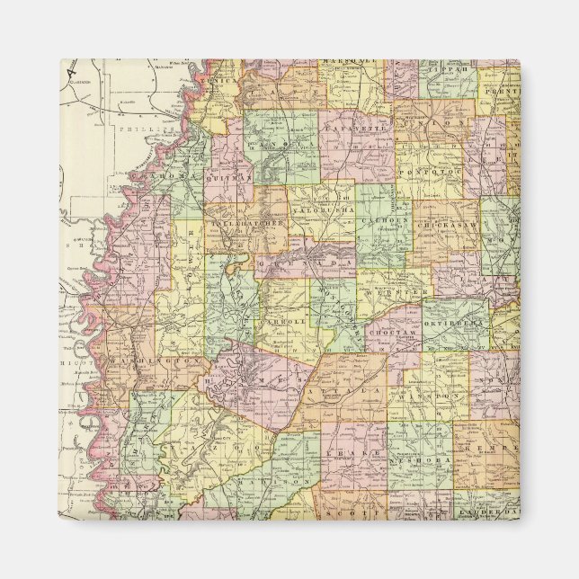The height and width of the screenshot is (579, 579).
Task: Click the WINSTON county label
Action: [x=433, y=393]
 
